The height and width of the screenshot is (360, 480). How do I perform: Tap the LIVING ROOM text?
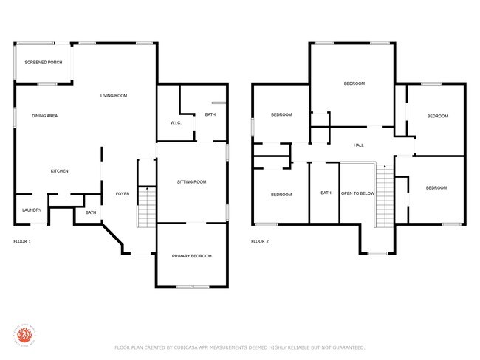114,96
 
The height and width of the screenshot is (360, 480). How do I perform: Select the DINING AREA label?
45,116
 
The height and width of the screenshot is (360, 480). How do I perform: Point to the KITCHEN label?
59,171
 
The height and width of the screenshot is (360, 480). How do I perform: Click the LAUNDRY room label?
31,210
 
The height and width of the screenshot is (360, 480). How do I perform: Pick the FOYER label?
123,194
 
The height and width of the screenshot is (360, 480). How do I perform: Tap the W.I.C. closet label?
176,122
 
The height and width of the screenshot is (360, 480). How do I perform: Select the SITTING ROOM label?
191,181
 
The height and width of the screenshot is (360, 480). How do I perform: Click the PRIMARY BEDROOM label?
191,255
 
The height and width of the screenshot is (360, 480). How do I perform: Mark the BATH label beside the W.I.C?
210,114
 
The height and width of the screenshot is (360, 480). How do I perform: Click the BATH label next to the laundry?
91,212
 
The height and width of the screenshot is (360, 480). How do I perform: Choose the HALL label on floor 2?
359,145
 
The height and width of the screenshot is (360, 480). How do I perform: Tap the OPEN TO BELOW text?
358,194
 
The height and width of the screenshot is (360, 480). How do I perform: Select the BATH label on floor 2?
326,194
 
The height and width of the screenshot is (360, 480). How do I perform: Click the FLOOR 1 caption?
22,241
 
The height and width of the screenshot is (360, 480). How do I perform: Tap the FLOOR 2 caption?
259,241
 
